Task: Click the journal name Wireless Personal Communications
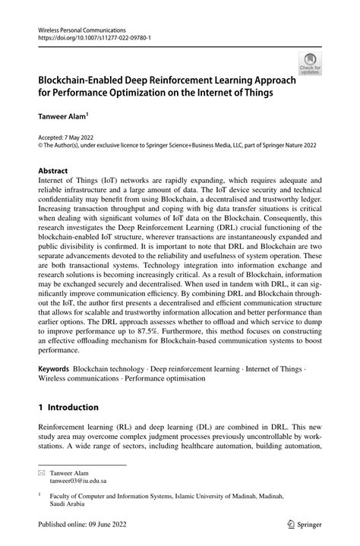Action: point(81,27)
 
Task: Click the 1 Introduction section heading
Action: point(73,407)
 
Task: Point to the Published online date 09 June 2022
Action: point(116,523)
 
